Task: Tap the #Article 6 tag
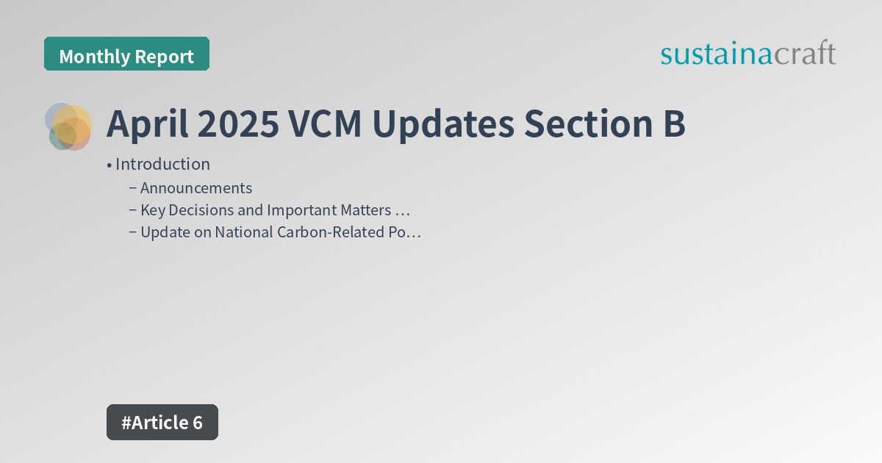(x=162, y=423)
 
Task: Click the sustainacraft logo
(x=747, y=54)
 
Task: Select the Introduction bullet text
(x=162, y=164)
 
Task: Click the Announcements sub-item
(x=196, y=188)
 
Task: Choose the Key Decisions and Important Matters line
(x=274, y=210)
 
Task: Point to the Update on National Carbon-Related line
(x=280, y=232)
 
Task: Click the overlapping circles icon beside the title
(x=68, y=126)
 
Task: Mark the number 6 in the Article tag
(x=196, y=423)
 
